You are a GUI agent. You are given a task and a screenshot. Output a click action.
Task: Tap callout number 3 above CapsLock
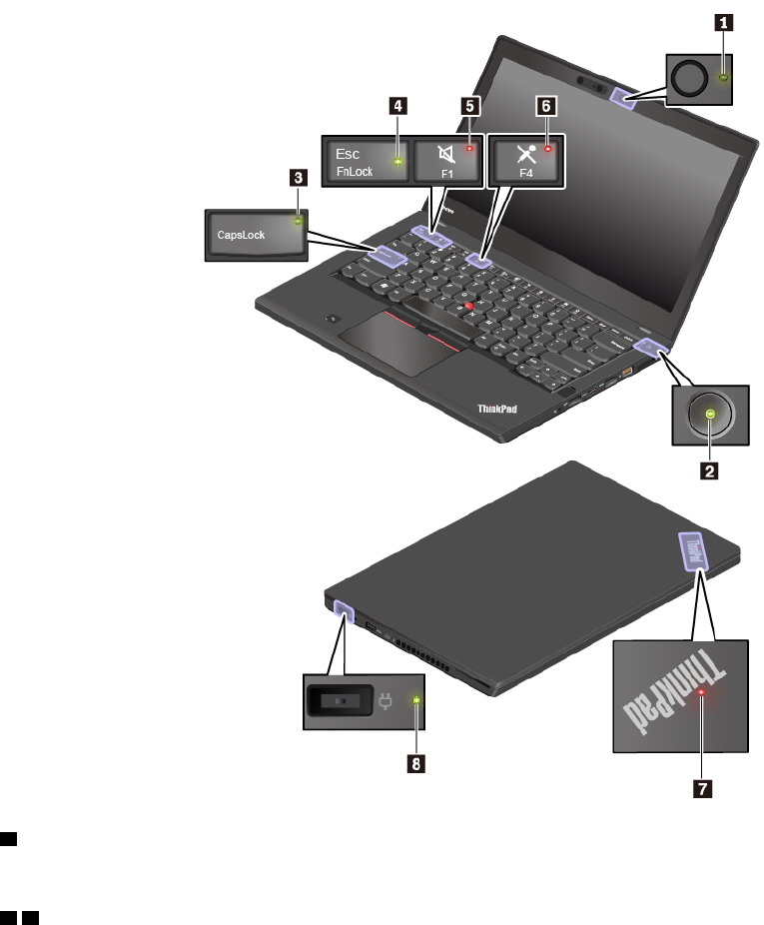pos(298,177)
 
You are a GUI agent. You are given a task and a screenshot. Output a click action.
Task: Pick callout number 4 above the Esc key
pos(398,104)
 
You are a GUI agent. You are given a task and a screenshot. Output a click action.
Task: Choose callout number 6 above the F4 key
pos(546,104)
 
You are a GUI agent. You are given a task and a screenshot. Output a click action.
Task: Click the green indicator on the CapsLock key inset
pos(298,222)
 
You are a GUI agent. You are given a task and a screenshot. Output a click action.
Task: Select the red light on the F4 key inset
pos(547,148)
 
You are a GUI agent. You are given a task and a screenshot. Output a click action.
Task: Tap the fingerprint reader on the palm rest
pos(333,319)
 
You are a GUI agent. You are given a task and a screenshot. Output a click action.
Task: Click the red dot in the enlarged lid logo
pos(703,691)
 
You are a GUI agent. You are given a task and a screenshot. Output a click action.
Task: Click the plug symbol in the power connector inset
pos(383,702)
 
